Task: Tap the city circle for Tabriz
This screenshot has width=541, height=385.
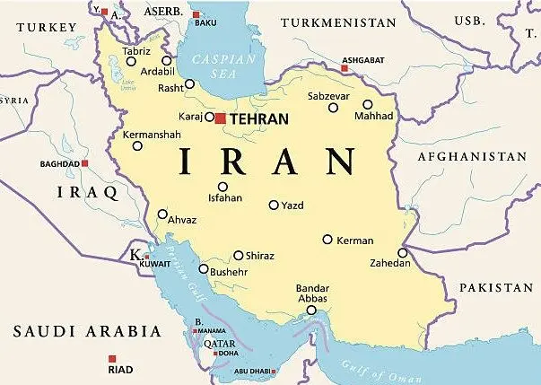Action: (131, 61)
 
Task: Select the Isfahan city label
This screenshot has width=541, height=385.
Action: (224, 198)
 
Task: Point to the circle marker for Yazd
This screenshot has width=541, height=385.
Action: (274, 205)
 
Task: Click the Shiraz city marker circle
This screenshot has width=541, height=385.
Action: (239, 255)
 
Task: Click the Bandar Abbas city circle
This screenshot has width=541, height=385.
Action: (311, 311)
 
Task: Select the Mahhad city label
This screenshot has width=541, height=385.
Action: (374, 117)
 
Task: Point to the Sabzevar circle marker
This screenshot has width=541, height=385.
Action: (333, 108)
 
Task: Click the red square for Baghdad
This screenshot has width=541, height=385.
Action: (85, 164)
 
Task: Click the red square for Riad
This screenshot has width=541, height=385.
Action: (99, 360)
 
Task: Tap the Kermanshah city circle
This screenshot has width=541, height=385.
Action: (137, 145)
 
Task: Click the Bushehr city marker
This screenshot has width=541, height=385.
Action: (204, 268)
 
